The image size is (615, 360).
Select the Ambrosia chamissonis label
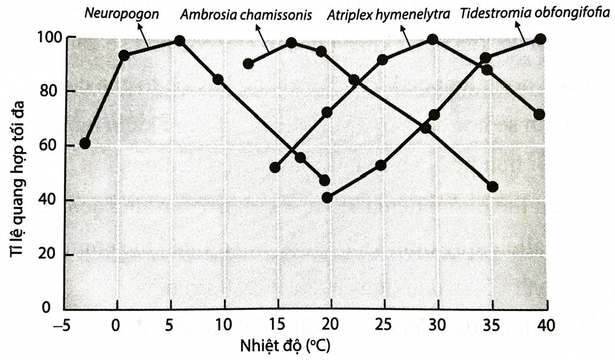pos(246,14)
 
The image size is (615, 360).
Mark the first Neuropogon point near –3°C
pos(85,143)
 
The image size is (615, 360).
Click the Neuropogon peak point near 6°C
pos(180,41)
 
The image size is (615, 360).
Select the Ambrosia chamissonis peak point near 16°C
pos(291,43)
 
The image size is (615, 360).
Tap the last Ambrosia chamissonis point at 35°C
pos(492,186)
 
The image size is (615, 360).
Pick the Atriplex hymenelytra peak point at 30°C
pos(432,39)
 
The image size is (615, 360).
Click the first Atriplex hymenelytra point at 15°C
pos(275,167)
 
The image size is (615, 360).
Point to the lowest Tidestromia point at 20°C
pos(328,198)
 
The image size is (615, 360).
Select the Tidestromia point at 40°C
pos(540,39)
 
